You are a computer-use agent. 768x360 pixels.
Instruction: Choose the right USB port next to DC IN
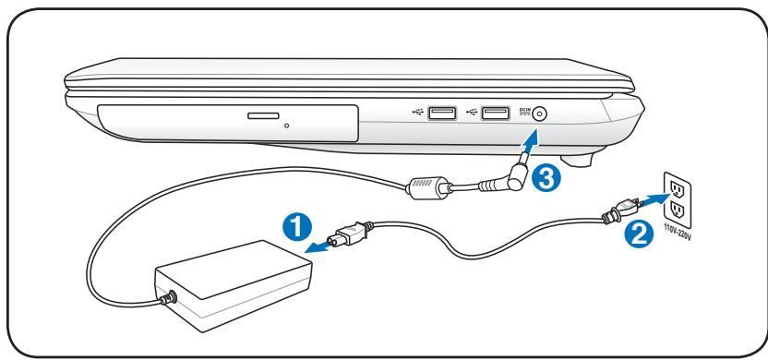tap(497, 114)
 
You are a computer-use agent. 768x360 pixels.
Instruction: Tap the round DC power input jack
tap(541, 114)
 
